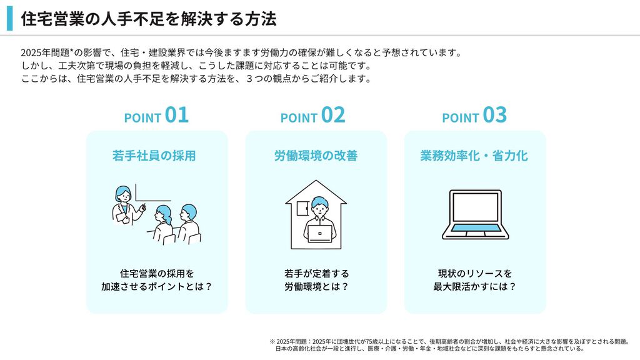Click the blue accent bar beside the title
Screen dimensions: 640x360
pos(10,18)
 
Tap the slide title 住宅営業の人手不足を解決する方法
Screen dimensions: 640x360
pos(149,19)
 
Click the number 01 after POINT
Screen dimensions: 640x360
pos(177,115)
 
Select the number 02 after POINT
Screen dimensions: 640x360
pos(333,115)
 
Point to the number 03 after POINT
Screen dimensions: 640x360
pos(495,115)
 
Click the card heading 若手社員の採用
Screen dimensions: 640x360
pos(154,156)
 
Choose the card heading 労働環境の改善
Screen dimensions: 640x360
pos(316,156)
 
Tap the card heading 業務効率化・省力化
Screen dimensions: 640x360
pos(474,156)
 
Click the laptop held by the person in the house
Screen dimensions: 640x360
pos(319,234)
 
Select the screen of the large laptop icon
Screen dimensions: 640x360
pos(476,207)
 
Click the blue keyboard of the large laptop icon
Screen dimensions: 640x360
pos(476,227)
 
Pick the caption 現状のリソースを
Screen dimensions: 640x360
pos(475,274)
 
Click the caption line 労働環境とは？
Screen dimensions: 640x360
pos(316,286)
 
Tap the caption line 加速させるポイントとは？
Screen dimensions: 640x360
pos(157,286)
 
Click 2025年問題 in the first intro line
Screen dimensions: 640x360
pos(45,52)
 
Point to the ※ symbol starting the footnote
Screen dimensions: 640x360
pos(272,342)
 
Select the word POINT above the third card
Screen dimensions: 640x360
pos(461,118)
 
